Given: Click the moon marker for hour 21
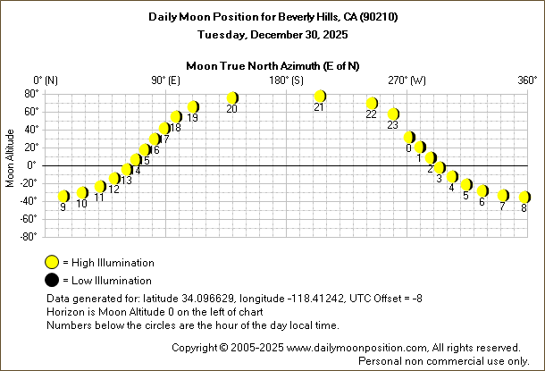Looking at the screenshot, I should point(320,96).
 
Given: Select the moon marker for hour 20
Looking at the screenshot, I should point(232,97).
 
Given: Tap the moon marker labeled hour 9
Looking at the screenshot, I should point(63,196).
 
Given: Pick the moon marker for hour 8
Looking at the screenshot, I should point(524,197).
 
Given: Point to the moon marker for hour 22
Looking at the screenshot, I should point(372,104).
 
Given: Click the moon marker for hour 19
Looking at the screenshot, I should point(192,107).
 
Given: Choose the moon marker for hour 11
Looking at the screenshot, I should point(100,186).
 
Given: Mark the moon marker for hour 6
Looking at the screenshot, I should point(482,190).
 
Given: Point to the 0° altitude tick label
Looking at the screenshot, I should point(31,164).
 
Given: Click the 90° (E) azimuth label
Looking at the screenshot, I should point(165,80).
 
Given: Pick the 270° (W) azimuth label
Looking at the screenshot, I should point(407,80).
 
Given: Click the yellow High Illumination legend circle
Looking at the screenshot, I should point(53,263).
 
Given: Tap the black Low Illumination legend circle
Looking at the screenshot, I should point(53,281).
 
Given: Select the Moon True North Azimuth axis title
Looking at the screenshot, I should point(273,65).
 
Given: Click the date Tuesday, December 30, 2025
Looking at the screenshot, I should point(273,34).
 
